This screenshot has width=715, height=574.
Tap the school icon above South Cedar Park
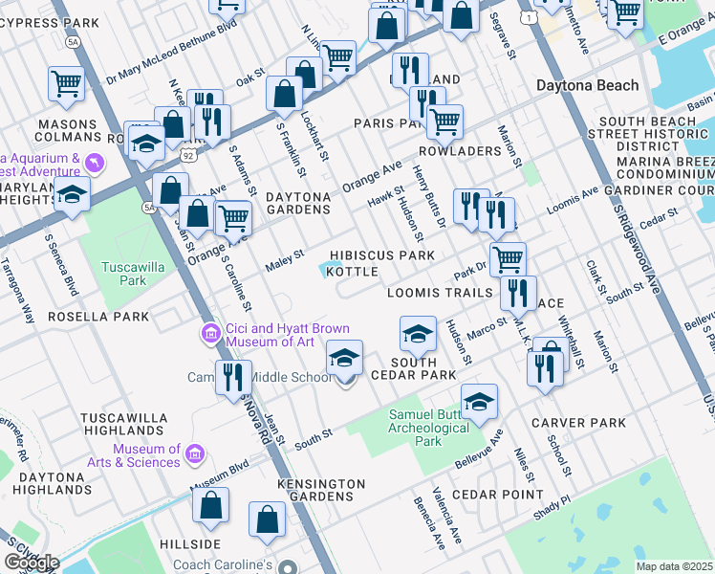click(x=418, y=335)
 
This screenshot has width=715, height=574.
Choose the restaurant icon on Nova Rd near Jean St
click(x=233, y=378)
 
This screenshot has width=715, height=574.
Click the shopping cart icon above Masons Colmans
click(x=66, y=83)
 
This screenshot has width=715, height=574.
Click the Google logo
click(x=32, y=563)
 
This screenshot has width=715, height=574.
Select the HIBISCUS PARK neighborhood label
click(x=382, y=255)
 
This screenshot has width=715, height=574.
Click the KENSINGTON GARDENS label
click(x=321, y=490)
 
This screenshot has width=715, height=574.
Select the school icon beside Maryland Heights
click(x=70, y=195)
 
